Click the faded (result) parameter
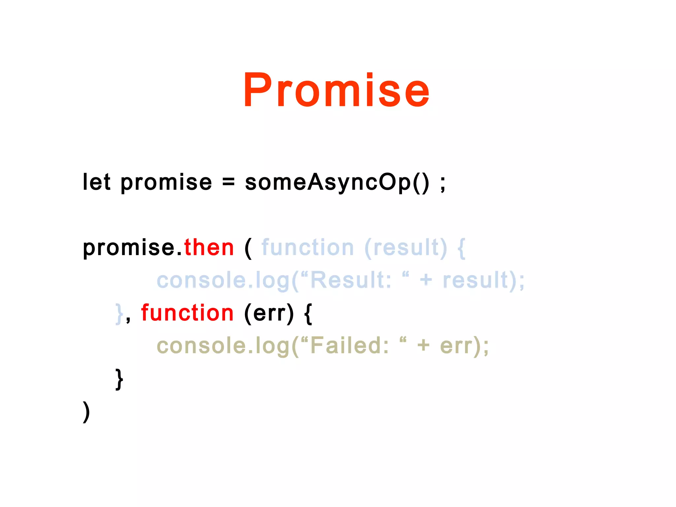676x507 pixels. [x=406, y=248]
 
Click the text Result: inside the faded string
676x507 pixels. [x=351, y=280]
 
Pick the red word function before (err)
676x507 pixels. [x=187, y=313]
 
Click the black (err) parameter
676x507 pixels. [x=269, y=313]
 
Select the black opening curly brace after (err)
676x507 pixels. [x=308, y=314]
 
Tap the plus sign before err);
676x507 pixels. [x=423, y=346]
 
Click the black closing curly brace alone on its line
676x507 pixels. [x=119, y=379]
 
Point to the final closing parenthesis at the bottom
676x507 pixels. [x=86, y=412]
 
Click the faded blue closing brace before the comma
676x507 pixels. [x=119, y=314]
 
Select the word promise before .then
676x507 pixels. [x=129, y=248]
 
